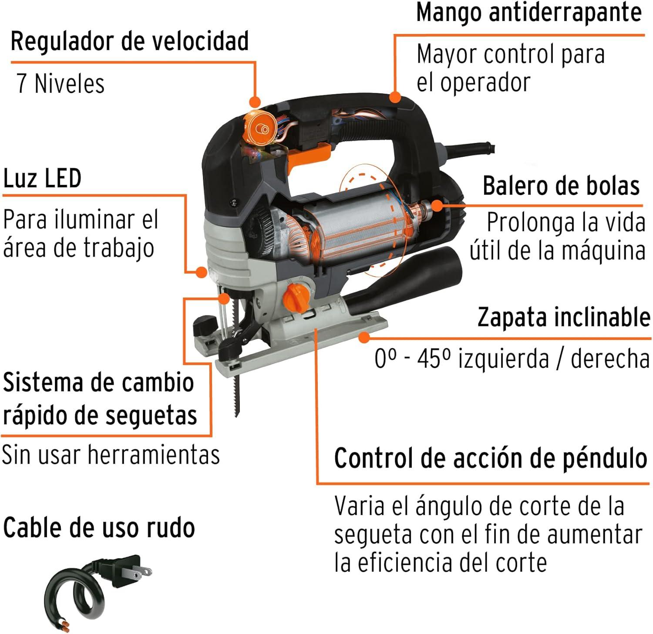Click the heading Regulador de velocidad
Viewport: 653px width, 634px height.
click(x=130, y=41)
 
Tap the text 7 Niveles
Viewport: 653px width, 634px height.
click(x=61, y=83)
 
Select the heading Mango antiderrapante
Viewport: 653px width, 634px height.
click(x=529, y=13)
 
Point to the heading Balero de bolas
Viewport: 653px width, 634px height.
click(x=561, y=186)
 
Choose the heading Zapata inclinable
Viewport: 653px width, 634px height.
click(x=564, y=317)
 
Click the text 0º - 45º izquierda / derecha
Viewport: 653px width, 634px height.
click(x=512, y=359)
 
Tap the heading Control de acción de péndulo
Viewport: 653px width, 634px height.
click(x=491, y=458)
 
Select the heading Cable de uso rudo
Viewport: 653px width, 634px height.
click(x=99, y=528)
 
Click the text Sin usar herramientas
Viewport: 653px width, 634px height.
click(x=111, y=454)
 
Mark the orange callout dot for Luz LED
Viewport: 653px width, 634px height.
click(x=201, y=272)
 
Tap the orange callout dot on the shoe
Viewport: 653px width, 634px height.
click(x=364, y=336)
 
